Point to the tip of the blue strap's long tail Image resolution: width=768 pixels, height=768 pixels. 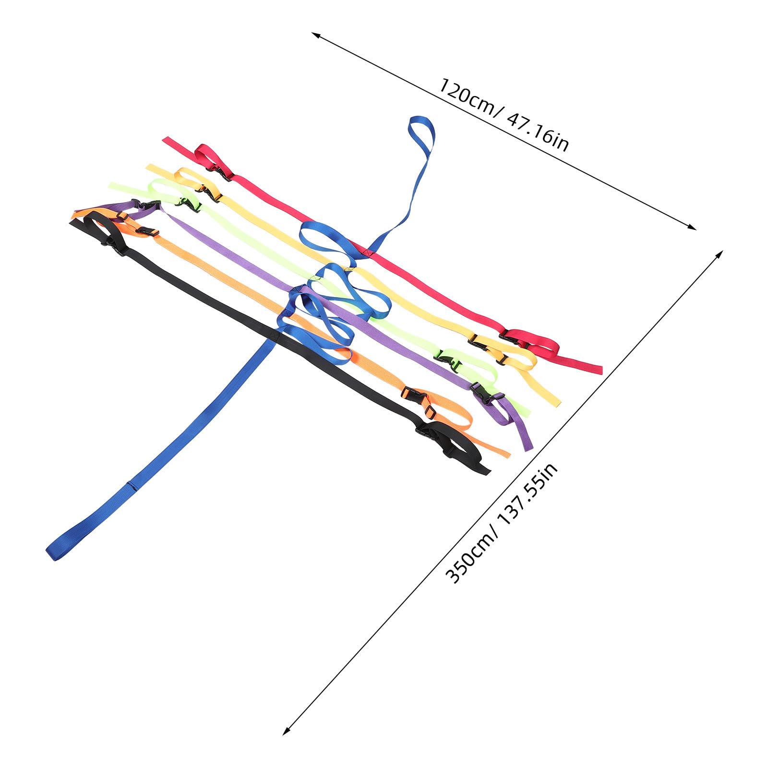tap(52, 552)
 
